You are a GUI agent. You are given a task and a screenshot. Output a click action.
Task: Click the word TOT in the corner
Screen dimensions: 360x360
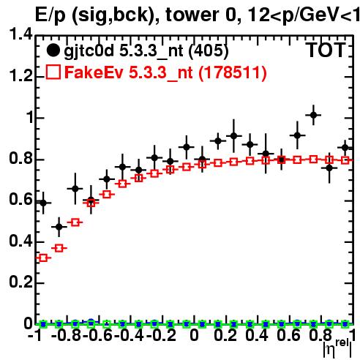326,50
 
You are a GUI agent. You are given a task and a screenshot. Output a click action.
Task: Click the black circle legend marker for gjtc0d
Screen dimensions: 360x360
53,50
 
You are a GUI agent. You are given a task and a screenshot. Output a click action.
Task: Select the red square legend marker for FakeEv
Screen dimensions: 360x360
53,72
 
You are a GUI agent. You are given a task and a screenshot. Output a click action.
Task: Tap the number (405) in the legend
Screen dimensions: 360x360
209,50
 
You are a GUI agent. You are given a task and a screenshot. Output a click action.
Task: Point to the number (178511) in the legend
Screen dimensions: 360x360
233,72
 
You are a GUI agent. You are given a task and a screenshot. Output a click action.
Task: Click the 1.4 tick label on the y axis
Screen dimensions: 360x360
20,34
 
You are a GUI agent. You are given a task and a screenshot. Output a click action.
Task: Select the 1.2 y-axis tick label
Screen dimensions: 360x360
20,76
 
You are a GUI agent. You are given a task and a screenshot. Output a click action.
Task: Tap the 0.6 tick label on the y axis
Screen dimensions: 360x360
20,200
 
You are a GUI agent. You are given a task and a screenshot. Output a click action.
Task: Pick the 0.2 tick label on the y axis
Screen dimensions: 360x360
20,282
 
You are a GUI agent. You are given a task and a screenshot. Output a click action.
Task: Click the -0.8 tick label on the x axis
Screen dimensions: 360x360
66,335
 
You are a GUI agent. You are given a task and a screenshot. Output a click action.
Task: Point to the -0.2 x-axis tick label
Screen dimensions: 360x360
161,335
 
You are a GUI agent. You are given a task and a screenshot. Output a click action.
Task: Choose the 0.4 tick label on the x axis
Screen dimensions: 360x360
257,335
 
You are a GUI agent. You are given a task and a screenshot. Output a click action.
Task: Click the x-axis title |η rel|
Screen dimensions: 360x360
338,348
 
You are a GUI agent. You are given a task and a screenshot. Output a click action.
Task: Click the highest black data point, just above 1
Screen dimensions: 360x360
313,115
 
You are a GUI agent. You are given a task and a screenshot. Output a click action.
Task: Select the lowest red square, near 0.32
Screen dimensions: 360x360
43,258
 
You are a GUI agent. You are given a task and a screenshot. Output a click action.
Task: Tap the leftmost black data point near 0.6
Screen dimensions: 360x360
43,203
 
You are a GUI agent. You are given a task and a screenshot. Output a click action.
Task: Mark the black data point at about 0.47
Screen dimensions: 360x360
59,227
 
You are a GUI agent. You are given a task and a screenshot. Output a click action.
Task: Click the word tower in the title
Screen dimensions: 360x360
193,15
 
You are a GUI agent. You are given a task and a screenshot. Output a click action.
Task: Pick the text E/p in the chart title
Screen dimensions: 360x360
50,15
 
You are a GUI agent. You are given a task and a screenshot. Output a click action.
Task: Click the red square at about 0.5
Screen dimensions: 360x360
75,222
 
